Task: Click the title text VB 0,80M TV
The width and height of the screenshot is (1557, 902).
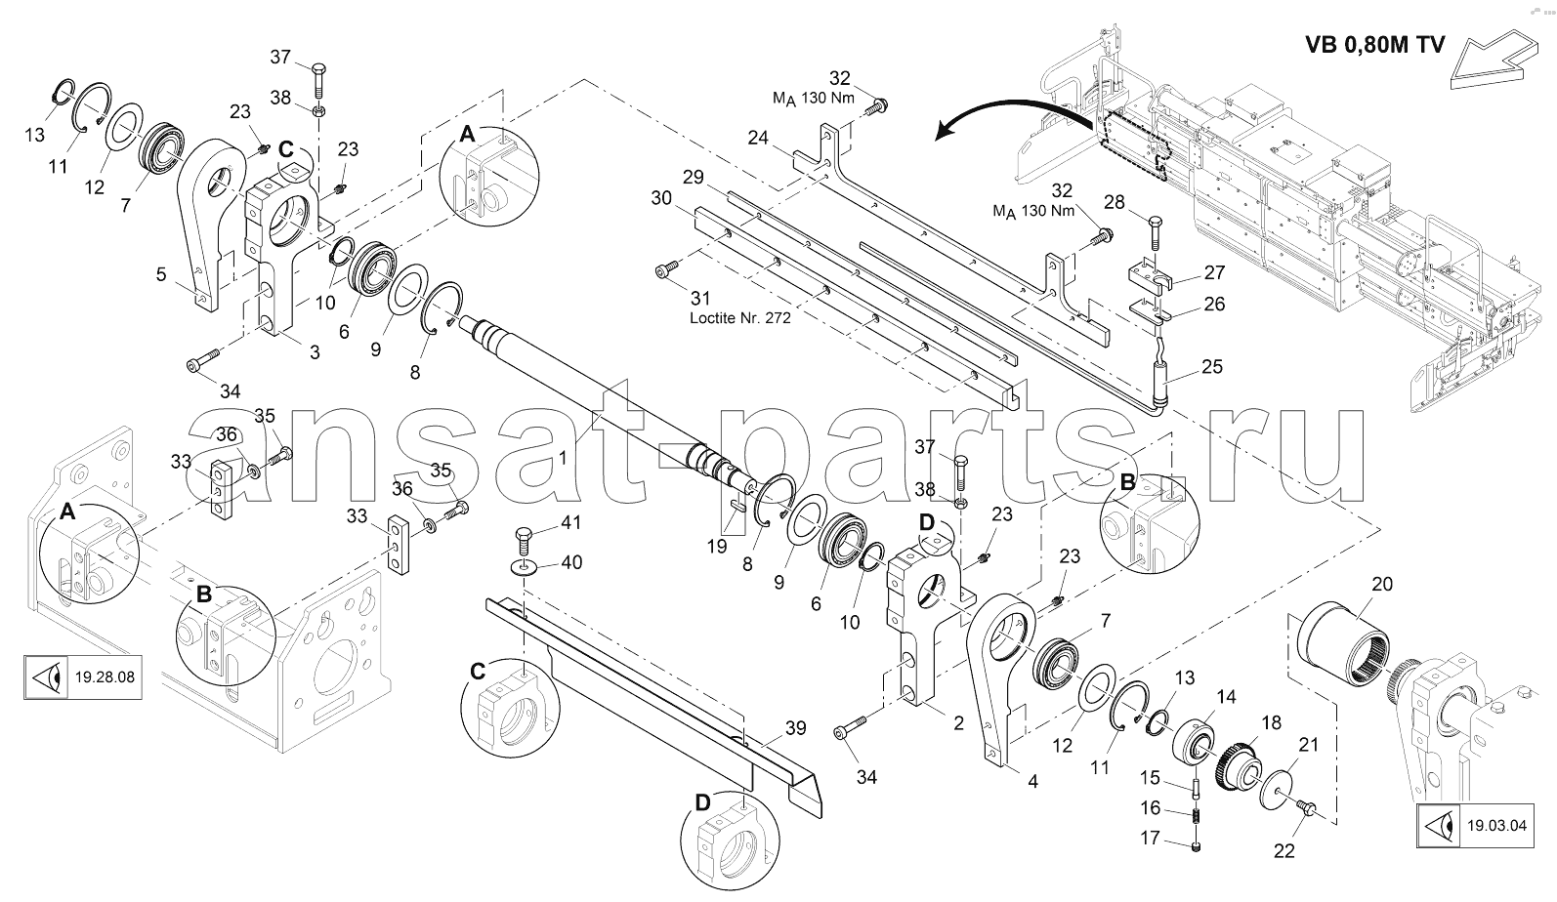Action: click(1374, 46)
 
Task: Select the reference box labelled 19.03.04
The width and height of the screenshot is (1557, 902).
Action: click(1473, 826)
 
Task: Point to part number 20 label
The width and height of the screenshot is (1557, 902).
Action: click(1382, 584)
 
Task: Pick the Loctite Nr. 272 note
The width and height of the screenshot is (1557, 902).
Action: click(740, 318)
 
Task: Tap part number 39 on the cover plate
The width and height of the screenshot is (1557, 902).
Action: click(795, 728)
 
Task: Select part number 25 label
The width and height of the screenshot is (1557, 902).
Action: click(1211, 367)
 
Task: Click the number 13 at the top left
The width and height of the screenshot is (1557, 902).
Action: click(35, 135)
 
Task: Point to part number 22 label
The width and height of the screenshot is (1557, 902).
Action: click(1283, 850)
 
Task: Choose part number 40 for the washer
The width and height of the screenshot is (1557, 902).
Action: click(570, 562)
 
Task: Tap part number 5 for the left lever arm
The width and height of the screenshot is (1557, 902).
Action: click(161, 274)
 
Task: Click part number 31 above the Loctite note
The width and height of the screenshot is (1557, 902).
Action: click(699, 298)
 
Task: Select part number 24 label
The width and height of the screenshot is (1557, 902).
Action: click(758, 139)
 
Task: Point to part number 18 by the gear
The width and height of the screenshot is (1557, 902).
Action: click(1271, 722)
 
